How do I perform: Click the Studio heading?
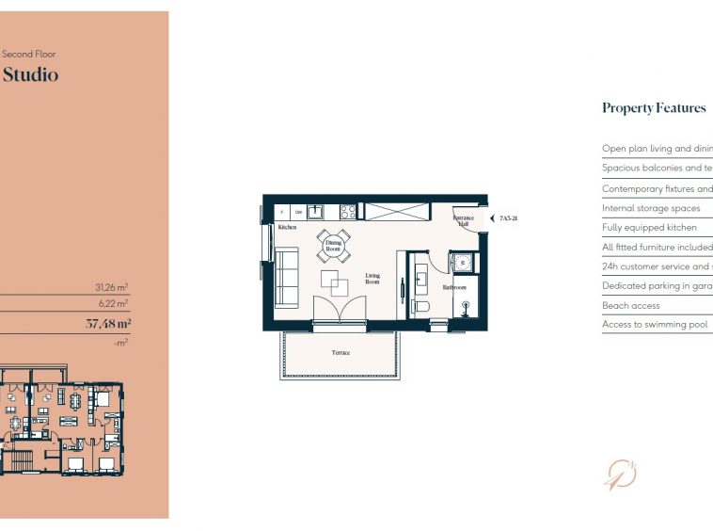point(30,74)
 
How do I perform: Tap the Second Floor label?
point(29,55)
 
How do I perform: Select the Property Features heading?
point(654,108)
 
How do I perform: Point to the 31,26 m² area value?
point(111,287)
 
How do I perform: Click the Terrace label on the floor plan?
point(341,353)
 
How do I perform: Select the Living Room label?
point(372,279)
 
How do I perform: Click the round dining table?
point(333,247)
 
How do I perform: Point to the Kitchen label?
point(287,228)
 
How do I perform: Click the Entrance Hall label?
point(464,221)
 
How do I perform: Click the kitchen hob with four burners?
point(347,212)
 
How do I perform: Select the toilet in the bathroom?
point(420,306)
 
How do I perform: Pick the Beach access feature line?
point(631,306)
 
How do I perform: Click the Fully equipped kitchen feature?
point(649,228)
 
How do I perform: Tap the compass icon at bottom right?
point(620,475)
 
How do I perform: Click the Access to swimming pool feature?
point(655,325)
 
